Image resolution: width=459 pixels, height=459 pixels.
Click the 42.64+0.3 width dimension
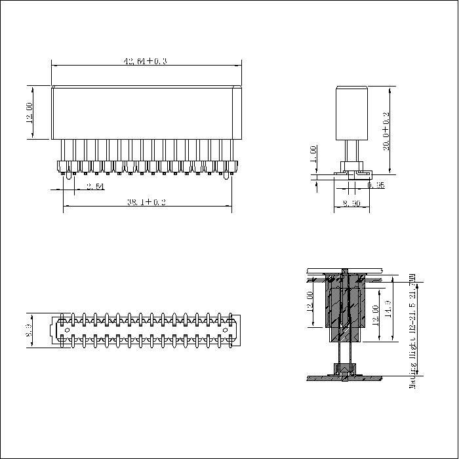pos(146,61)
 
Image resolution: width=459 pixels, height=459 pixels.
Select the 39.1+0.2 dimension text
pos(146,202)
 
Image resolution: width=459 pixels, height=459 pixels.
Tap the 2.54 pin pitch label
pos(95,187)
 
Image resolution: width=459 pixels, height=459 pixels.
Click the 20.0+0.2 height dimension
pos(386,131)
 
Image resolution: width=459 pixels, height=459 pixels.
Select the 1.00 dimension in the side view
pos(314,155)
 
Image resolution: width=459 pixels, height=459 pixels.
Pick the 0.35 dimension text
pos(376,186)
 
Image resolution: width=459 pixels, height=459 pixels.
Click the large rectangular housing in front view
pos(146,112)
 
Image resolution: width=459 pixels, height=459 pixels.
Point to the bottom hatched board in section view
pos(345,378)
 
